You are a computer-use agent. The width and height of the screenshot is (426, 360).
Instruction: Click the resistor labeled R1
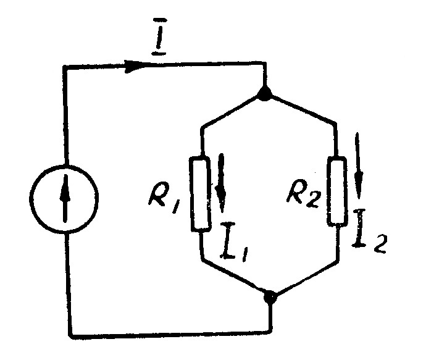[x=201, y=193]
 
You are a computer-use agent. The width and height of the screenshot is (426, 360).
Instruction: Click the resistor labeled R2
[x=336, y=192]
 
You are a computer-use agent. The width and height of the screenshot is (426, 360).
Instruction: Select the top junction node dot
[x=265, y=95]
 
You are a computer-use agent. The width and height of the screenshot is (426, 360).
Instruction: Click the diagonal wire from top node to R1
[x=233, y=111]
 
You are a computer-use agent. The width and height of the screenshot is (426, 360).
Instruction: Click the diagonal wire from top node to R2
[x=300, y=110]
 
